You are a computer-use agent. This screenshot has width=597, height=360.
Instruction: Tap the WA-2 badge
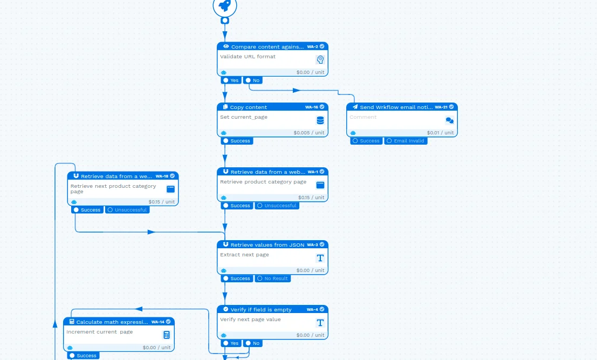point(313,47)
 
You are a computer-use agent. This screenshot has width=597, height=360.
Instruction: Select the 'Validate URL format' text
point(248,57)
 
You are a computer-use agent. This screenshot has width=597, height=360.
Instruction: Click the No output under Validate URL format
point(252,80)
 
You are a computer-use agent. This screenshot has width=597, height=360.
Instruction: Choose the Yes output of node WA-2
point(231,80)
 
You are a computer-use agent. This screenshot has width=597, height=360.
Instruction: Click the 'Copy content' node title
point(248,107)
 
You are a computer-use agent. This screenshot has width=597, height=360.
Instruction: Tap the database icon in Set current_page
point(320,120)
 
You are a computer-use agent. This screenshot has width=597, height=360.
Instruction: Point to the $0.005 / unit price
point(309,133)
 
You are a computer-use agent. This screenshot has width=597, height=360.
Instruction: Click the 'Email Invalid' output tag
point(406,141)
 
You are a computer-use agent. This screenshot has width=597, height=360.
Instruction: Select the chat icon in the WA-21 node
point(449,120)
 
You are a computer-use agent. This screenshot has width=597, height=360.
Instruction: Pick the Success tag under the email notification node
point(366,141)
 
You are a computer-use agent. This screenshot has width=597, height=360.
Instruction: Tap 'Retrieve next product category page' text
point(113,188)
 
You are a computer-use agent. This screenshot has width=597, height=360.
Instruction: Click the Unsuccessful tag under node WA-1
point(277,206)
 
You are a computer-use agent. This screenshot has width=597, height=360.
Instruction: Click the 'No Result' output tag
point(273,279)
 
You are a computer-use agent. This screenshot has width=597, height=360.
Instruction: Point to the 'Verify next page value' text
point(250,320)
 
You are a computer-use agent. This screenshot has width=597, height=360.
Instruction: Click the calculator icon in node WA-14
point(167,335)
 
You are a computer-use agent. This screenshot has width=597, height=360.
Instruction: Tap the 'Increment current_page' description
point(99,332)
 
